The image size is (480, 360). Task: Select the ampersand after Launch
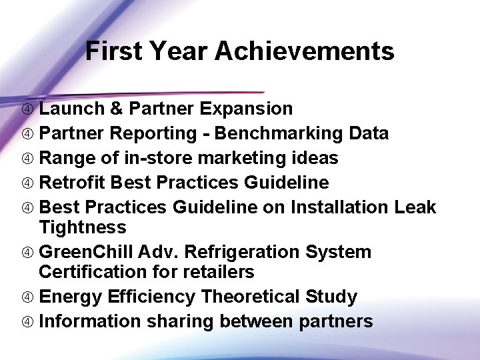pos(117,109)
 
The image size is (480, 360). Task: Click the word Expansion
pos(246,109)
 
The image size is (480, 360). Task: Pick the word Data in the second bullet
pos(368,133)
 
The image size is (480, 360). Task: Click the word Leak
pos(415,207)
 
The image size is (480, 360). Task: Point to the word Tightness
pos(82,227)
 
